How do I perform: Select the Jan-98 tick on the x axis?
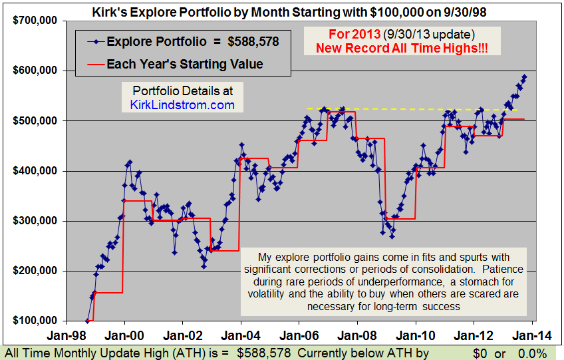[67, 337]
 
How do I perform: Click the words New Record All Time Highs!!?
[408, 48]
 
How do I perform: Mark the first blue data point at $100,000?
[86, 321]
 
